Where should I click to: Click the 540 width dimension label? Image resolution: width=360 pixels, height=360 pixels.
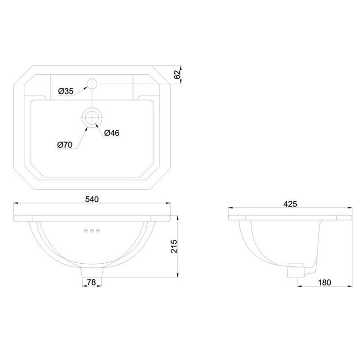(92, 199)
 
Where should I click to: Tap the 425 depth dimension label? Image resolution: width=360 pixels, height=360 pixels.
(290, 204)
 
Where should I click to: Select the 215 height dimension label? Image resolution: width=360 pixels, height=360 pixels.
(174, 246)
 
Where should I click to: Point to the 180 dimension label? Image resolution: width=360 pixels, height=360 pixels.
(324, 283)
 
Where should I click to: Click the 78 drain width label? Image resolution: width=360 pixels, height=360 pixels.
(92, 282)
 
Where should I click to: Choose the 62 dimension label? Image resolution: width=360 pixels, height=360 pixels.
(177, 75)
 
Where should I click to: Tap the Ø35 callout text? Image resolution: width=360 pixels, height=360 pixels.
(66, 91)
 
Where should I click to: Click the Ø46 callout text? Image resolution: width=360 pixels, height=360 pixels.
(112, 133)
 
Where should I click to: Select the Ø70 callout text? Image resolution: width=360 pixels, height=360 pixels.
(65, 145)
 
